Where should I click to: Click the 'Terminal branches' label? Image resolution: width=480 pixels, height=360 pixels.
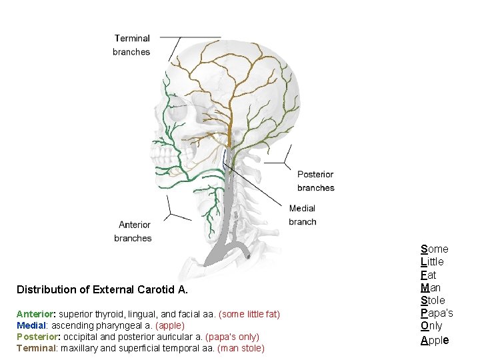point(131,45)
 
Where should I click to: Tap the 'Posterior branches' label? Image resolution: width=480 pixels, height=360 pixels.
point(315,181)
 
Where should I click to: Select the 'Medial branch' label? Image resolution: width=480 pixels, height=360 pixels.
point(302,215)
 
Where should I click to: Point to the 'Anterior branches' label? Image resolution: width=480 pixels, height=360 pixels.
point(133,231)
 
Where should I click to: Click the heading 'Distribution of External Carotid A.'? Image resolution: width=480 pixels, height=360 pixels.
point(103,290)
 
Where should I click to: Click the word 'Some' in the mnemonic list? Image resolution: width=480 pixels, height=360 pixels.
point(435,249)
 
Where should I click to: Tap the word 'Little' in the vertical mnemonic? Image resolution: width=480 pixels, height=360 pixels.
point(432,262)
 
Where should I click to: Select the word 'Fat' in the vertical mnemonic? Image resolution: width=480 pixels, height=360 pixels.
point(429,275)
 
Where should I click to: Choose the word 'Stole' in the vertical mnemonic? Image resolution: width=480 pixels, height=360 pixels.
point(433,301)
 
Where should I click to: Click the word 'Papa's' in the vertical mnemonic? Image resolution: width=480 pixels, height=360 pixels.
point(437,313)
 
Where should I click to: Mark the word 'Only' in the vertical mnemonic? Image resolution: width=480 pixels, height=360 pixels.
point(431,326)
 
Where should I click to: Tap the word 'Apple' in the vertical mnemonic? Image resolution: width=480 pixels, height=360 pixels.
point(435,339)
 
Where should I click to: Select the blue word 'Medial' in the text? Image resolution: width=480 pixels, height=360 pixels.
point(31,325)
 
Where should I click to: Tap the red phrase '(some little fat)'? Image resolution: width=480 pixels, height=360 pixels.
point(249,314)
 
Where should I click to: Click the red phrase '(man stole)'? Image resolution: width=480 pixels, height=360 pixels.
point(241,348)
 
